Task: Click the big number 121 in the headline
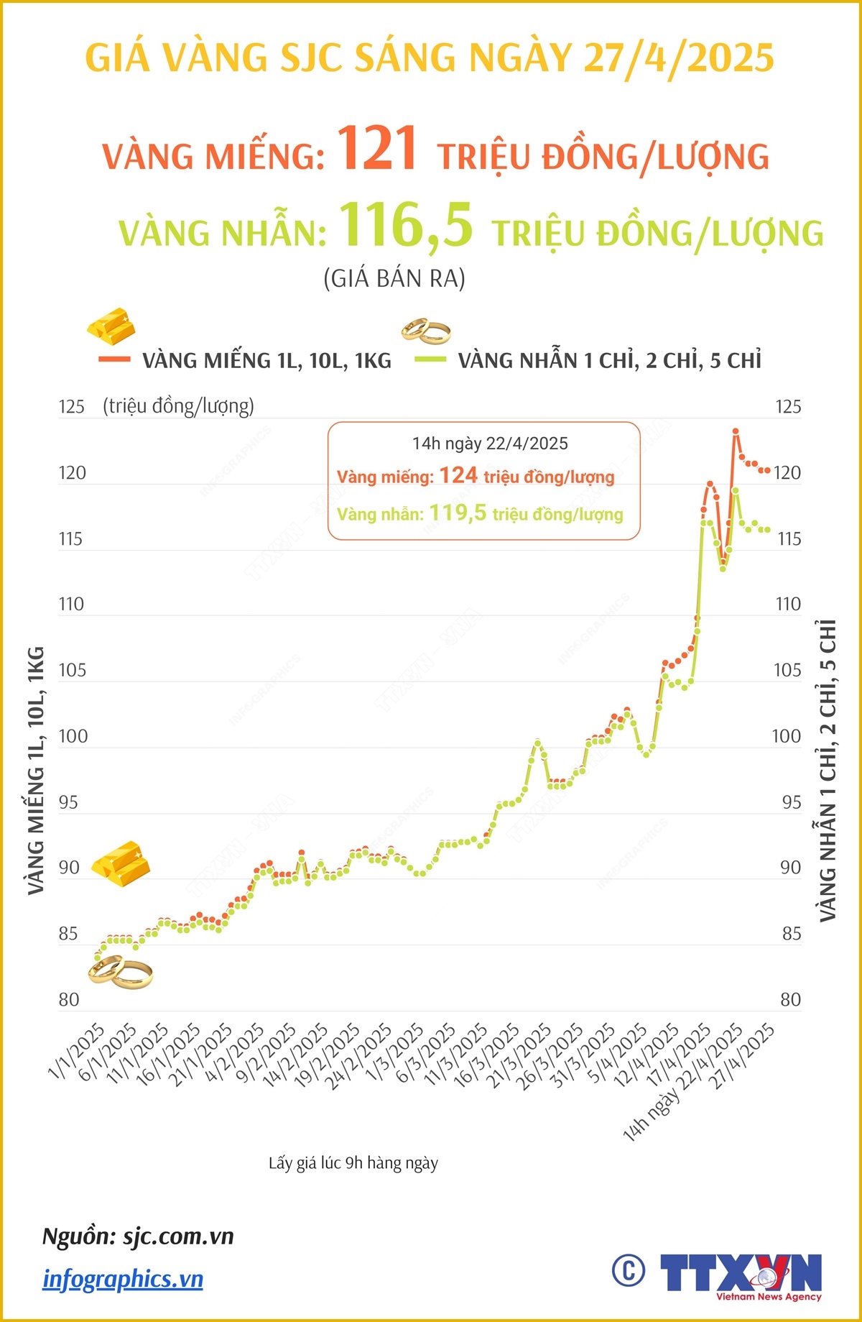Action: pos(378,149)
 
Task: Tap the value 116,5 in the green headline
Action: pos(406,226)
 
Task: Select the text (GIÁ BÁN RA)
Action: pos(394,278)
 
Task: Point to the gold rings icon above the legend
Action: pos(426,330)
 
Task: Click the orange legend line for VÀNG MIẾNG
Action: pos(114,359)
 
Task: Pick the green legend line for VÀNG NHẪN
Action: pos(430,359)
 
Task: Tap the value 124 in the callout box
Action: pos(458,475)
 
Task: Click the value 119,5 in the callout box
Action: pos(458,513)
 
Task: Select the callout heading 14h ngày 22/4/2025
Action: pos(490,444)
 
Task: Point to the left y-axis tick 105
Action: pos(72,670)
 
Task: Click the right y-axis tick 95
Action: pos(791,802)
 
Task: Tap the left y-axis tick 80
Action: pos(69,1000)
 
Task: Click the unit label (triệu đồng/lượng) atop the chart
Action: pos(178,406)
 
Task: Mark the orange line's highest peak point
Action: pos(736,431)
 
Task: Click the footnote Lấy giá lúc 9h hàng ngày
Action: pos(353,1163)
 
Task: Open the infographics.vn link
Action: pos(123,1279)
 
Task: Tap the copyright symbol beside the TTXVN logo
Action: pos(629,1271)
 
